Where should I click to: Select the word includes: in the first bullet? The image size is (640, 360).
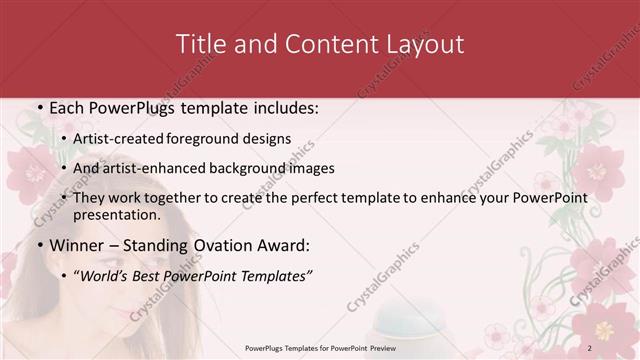tap(282, 107)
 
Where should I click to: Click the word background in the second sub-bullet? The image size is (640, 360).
tap(244, 168)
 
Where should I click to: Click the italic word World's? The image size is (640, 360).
tap(106, 275)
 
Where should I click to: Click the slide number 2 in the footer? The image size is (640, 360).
tap(590, 347)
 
